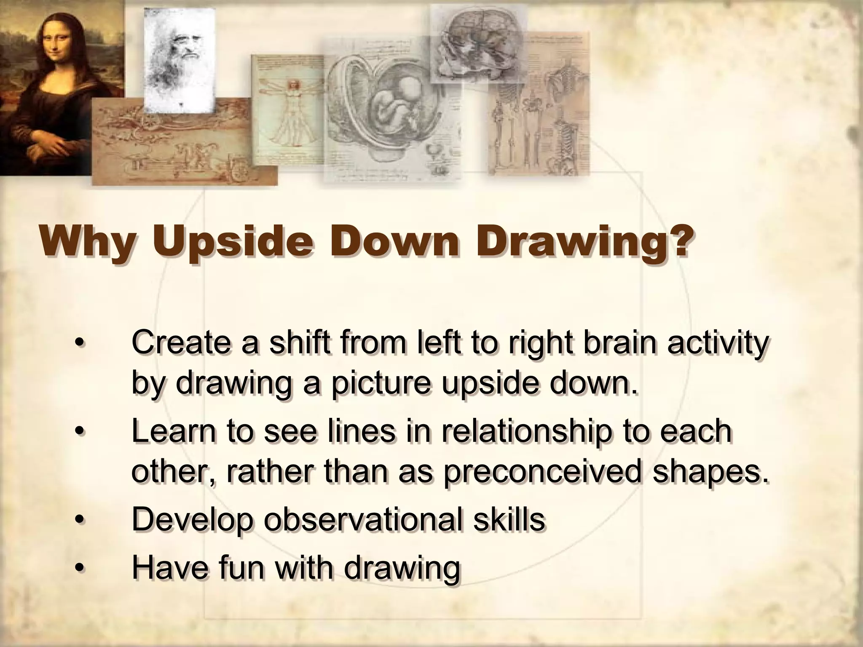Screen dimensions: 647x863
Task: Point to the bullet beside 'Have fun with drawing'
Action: pos(78,568)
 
